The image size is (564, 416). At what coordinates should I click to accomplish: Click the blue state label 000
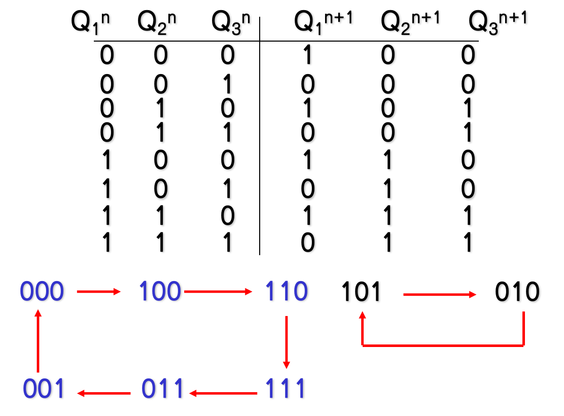point(43,292)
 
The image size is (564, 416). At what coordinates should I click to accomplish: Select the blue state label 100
point(160,292)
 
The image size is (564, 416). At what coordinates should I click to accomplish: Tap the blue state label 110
point(286,292)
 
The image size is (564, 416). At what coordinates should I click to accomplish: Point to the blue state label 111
point(286,390)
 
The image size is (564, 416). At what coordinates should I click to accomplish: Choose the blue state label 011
point(162,390)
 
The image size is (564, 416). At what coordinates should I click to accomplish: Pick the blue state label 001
point(44,390)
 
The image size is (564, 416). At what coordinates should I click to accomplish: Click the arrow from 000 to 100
point(99,292)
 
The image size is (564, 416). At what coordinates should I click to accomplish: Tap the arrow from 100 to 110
point(218,292)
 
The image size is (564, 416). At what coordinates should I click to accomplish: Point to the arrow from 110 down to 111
point(287,342)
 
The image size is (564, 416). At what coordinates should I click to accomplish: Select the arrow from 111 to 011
point(223,392)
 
